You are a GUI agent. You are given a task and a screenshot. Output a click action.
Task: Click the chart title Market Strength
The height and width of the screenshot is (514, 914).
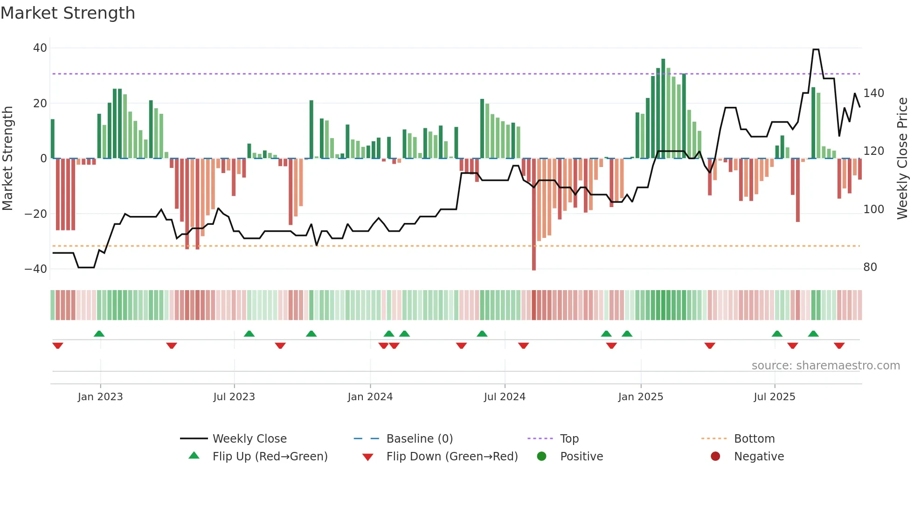tap(68, 13)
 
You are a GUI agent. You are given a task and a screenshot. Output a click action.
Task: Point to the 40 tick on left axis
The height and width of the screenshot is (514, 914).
tap(40, 48)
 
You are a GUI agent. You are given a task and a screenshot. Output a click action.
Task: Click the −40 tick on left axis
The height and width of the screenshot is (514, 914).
tap(36, 269)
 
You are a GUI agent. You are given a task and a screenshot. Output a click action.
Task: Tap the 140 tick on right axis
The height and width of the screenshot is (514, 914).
tap(873, 93)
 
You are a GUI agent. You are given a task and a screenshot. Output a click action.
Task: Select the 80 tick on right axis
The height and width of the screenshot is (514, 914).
tap(870, 267)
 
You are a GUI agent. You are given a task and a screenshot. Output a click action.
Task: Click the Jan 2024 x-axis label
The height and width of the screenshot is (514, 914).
tap(370, 397)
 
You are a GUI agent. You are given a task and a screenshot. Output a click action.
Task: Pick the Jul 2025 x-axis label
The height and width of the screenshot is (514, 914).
tap(774, 397)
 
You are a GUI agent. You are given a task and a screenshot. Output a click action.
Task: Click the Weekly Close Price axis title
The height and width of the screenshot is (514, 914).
tap(902, 159)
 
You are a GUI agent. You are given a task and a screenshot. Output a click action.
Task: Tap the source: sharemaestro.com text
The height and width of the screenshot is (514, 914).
tap(825, 366)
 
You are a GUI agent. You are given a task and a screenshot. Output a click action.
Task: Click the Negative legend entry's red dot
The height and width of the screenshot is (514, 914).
tap(715, 457)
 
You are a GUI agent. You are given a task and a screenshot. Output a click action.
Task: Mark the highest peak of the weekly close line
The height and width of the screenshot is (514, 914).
tap(816, 49)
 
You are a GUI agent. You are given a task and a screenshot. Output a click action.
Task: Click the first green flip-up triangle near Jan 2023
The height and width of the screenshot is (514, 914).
tap(99, 333)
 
